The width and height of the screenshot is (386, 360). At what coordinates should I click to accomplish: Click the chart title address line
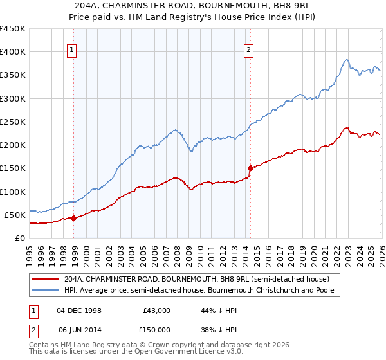[x=193, y=6]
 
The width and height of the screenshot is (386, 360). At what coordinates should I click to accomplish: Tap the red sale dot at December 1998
[x=74, y=218]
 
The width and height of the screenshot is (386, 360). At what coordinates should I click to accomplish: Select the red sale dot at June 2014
[x=250, y=168]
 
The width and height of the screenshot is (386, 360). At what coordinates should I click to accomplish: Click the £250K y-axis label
[x=13, y=122]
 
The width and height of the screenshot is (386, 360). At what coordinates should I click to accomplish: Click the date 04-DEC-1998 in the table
[x=78, y=310]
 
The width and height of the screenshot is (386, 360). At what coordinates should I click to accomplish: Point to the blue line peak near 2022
[x=346, y=60]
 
